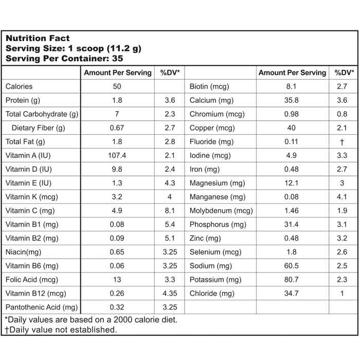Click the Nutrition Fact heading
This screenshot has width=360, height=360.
(38, 38)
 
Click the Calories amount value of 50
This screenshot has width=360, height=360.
(117, 86)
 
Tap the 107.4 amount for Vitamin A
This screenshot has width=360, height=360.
(117, 155)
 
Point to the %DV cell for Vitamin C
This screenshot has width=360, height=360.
(170, 210)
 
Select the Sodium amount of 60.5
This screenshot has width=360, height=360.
(292, 266)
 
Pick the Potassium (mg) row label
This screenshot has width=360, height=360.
(215, 280)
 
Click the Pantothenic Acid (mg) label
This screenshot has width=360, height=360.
(41, 308)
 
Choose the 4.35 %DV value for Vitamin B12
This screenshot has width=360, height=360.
(170, 294)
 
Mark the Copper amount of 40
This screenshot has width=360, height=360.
(292, 128)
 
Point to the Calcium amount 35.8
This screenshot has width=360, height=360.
(292, 100)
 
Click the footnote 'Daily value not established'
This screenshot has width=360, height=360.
(61, 330)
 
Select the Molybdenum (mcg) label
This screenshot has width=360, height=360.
(221, 210)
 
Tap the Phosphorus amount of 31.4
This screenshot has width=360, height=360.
(292, 224)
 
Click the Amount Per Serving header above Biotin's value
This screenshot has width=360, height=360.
(292, 73)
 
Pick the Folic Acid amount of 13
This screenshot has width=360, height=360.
(117, 280)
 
